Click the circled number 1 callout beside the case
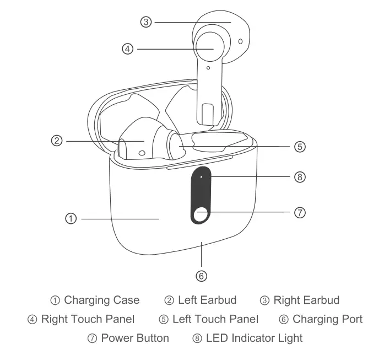pyautogui.click(x=70, y=218)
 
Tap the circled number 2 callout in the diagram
pyautogui.click(x=56, y=141)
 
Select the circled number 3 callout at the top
pyautogui.click(x=145, y=22)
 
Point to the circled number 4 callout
pyautogui.click(x=128, y=49)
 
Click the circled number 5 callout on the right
pyautogui.click(x=300, y=147)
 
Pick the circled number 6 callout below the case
pyautogui.click(x=202, y=275)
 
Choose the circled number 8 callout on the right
pyautogui.click(x=300, y=177)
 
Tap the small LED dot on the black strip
pyautogui.click(x=202, y=177)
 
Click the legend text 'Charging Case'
pyautogui.click(x=101, y=300)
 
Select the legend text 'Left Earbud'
pyautogui.click(x=207, y=300)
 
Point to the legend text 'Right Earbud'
pyautogui.click(x=306, y=300)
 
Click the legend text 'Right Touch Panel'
pyautogui.click(x=88, y=319)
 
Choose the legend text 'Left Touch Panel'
pyautogui.click(x=215, y=319)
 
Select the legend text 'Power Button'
pyautogui.click(x=135, y=337)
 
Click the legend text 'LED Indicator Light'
pyautogui.click(x=254, y=337)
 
